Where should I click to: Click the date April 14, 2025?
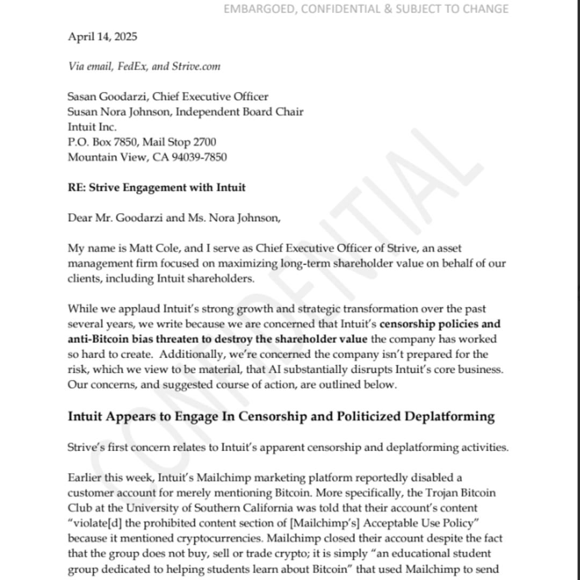[x=102, y=37]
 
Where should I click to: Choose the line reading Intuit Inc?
[x=92, y=127]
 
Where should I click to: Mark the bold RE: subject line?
[x=156, y=187]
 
